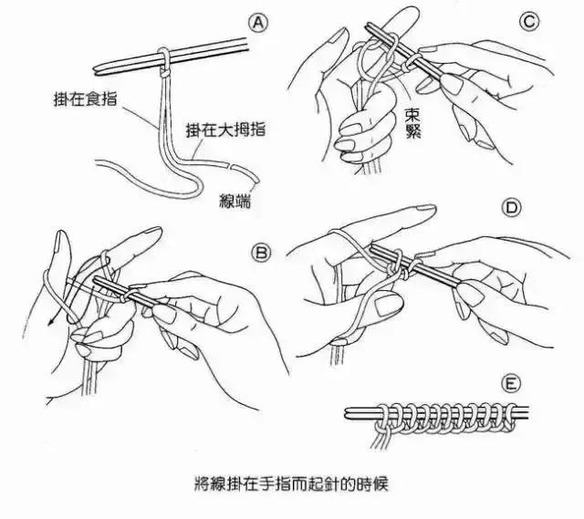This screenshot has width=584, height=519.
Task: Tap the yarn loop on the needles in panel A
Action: click(x=162, y=58)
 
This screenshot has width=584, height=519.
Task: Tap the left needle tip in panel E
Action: click(x=349, y=415)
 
